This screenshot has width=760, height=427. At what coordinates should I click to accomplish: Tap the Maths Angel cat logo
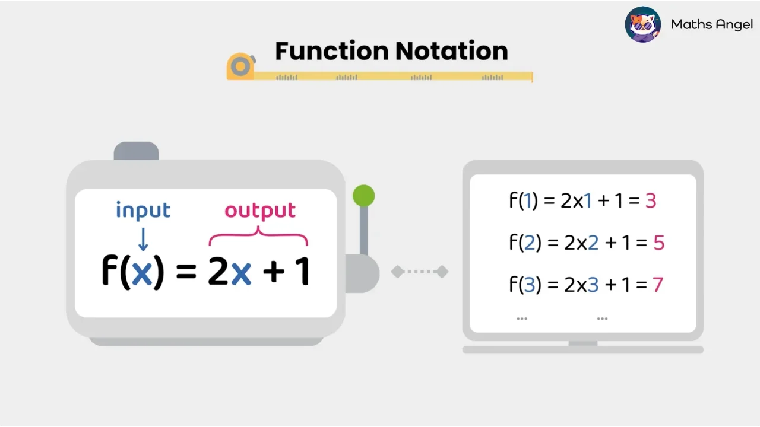click(x=642, y=24)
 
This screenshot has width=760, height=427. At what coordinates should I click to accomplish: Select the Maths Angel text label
click(x=711, y=24)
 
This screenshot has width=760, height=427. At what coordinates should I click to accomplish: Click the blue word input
click(x=143, y=211)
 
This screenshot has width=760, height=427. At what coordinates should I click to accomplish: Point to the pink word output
click(x=260, y=211)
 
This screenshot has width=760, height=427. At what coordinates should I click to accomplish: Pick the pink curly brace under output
click(x=258, y=238)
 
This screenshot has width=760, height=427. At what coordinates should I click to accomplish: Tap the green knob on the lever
click(x=363, y=196)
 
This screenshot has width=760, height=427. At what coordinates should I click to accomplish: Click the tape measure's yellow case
click(x=240, y=66)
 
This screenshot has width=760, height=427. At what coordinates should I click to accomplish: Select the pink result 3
click(x=650, y=201)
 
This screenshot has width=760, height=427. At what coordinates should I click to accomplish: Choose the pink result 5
click(x=658, y=243)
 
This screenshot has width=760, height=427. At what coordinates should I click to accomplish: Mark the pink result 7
click(x=657, y=285)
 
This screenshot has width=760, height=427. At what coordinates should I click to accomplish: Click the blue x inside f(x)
click(x=141, y=272)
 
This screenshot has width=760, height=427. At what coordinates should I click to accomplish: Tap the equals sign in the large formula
click(x=186, y=272)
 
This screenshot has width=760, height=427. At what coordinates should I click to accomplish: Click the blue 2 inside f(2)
click(x=528, y=243)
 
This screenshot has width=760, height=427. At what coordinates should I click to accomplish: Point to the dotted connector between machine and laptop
click(x=420, y=272)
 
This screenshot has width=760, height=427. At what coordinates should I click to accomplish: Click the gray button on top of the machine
click(x=136, y=151)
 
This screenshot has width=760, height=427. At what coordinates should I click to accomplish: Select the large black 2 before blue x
click(x=218, y=272)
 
